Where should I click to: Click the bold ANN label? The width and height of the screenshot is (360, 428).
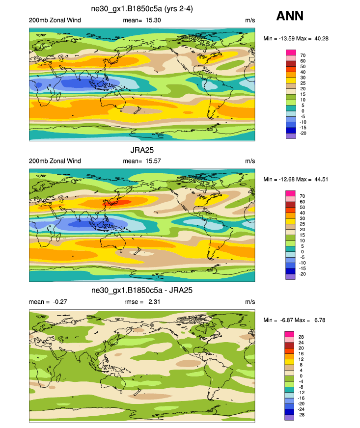(290, 16)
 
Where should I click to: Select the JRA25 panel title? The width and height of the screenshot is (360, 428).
(142, 151)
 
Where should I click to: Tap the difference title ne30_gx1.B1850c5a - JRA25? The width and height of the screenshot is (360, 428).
(142, 291)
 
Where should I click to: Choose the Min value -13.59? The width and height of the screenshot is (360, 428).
(285, 38)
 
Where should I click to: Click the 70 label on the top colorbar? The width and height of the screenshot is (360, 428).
(302, 55)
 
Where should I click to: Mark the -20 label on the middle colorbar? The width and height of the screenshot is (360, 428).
(303, 274)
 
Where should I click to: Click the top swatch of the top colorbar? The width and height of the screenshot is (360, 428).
(291, 52)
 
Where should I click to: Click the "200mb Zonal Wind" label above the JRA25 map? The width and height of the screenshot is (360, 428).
(55, 161)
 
